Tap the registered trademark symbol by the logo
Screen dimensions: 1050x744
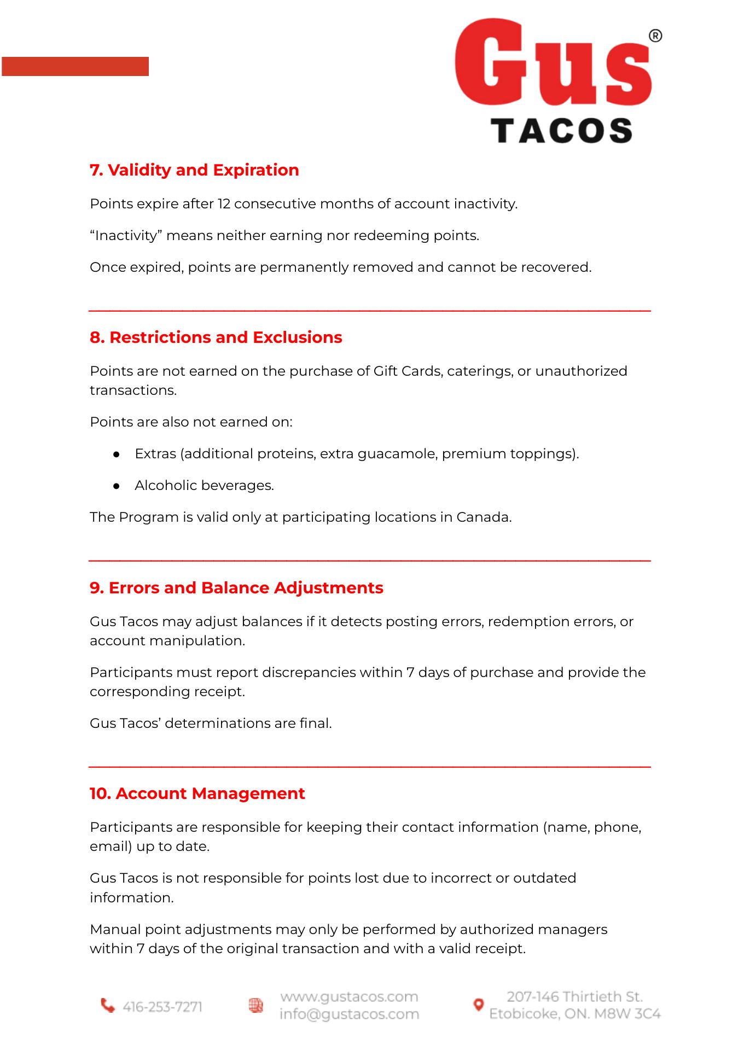655,36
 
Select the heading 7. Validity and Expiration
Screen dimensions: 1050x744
194,170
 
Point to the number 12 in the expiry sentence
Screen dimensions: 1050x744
224,204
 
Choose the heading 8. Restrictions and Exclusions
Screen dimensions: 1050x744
216,337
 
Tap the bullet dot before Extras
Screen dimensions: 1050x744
116,454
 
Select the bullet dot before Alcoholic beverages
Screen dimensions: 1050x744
116,486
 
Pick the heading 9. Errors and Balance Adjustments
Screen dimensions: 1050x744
236,588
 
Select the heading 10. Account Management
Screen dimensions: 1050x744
197,794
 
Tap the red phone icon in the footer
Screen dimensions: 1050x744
108,1005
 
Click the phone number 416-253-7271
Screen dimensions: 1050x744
162,1007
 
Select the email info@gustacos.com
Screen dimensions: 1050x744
349,1014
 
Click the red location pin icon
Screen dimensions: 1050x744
478,1005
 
